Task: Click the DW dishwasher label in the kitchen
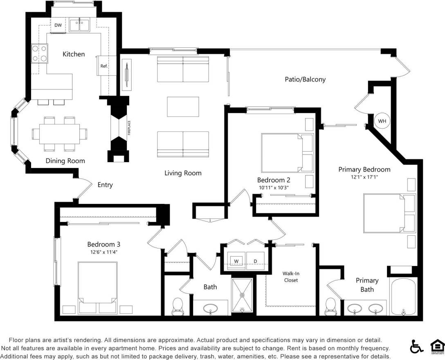(x=58, y=25)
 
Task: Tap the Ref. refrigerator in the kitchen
(x=104, y=66)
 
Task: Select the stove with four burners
(x=39, y=53)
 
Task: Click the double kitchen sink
(x=79, y=25)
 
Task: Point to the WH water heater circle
(x=382, y=121)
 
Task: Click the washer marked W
(x=236, y=261)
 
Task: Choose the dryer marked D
(x=256, y=261)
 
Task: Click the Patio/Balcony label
(x=305, y=79)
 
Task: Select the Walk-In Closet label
(x=291, y=277)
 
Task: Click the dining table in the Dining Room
(x=59, y=134)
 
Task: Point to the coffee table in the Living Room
(x=183, y=107)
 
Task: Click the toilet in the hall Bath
(x=178, y=306)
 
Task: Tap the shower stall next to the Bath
(x=242, y=295)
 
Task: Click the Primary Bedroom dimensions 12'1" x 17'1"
(x=364, y=177)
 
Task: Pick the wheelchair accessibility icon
(x=416, y=347)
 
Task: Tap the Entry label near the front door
(x=105, y=185)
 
